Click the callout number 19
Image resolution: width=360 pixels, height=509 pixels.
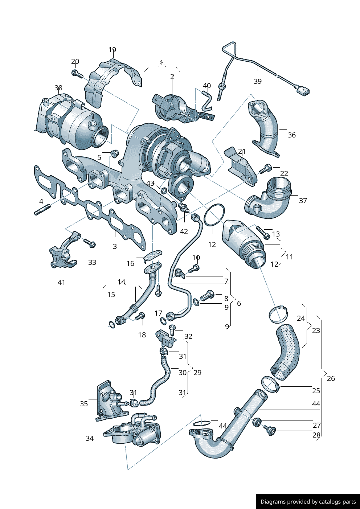point(112,50)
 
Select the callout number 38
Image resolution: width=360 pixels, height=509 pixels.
point(58,88)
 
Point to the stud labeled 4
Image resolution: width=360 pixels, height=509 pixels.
point(42,209)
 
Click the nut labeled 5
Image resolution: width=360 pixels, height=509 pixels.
point(114,153)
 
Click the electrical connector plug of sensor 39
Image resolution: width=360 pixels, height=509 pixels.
point(303,91)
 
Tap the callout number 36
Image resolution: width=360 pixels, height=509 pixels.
point(292,135)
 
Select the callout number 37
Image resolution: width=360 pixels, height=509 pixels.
point(303,201)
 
